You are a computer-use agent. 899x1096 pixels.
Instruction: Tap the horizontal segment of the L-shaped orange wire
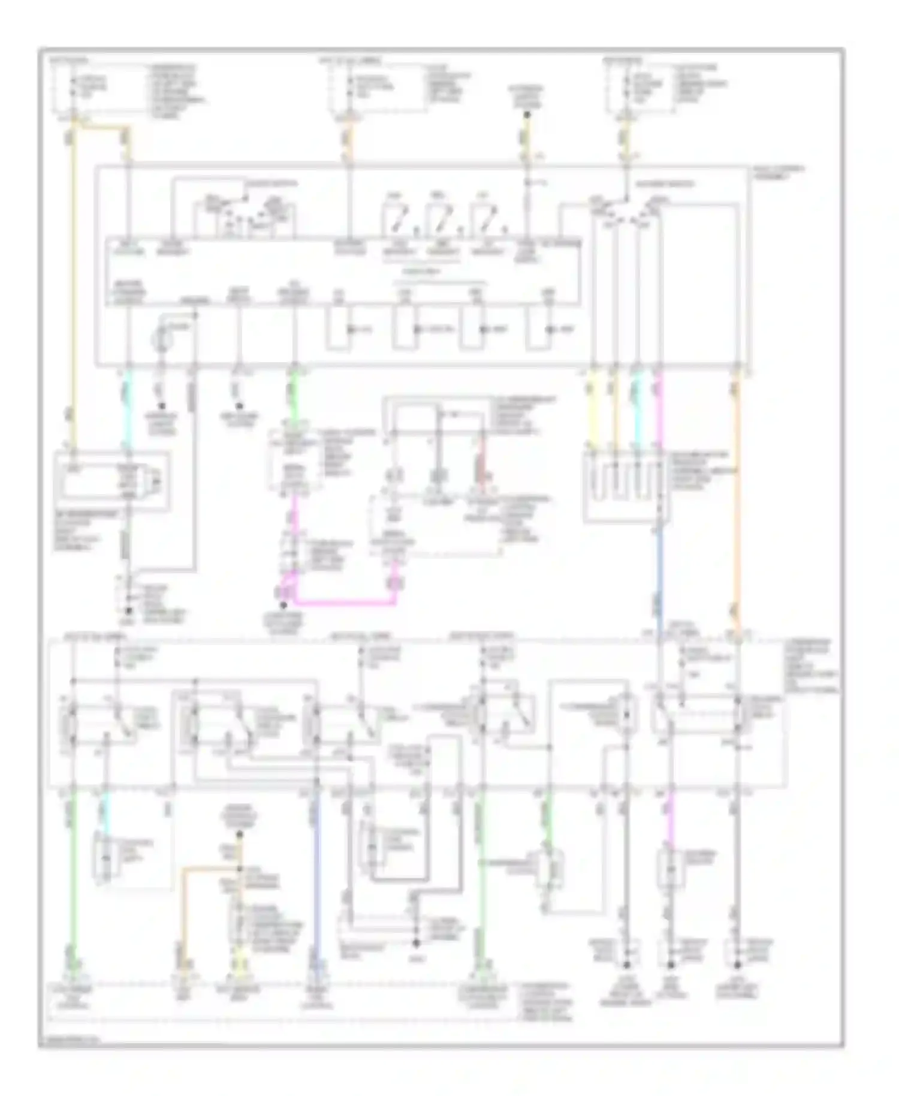(210, 868)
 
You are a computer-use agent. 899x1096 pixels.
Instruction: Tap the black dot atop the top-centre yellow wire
(527, 113)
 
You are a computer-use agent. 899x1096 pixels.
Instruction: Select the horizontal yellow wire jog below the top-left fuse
(102, 127)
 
